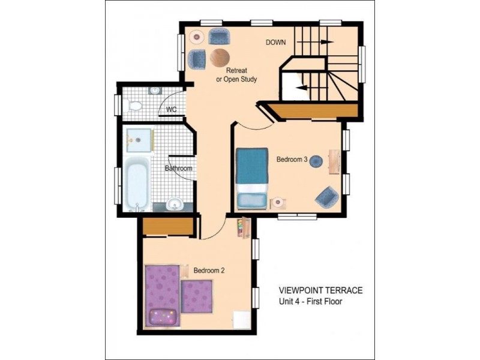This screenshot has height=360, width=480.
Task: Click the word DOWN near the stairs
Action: (x=276, y=43)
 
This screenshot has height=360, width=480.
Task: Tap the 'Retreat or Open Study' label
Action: (x=236, y=75)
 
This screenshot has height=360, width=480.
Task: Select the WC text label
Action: (x=171, y=110)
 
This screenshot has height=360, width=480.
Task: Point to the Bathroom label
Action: (x=179, y=169)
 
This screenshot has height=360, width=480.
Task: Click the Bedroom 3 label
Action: (x=292, y=160)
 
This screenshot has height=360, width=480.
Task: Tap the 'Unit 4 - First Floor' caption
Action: (x=310, y=302)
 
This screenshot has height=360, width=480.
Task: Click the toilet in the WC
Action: (x=135, y=106)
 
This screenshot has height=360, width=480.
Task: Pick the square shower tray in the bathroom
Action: (x=139, y=140)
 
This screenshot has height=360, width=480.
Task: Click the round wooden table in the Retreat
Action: (x=219, y=57)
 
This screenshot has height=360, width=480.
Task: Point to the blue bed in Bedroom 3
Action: (x=252, y=178)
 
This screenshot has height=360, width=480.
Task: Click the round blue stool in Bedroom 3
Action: (x=316, y=161)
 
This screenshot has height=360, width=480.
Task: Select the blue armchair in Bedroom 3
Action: (x=326, y=195)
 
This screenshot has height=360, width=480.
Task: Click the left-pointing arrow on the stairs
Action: (x=304, y=87)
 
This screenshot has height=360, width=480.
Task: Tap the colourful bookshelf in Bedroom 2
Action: (x=244, y=228)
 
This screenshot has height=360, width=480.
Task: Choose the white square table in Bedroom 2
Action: (x=242, y=319)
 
